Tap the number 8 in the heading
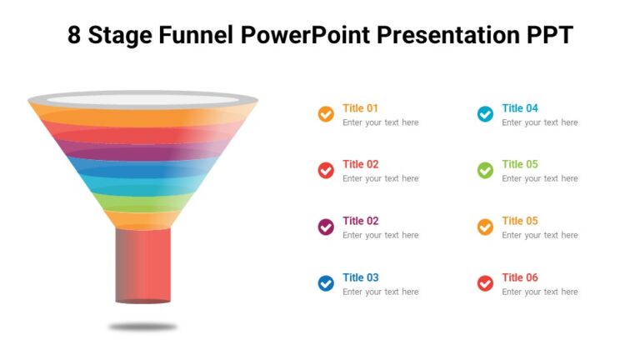click(x=76, y=35)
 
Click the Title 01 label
click(x=360, y=108)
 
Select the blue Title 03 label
click(x=360, y=277)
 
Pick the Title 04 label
click(x=520, y=108)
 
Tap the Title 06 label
click(x=520, y=277)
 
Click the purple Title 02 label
click(x=360, y=221)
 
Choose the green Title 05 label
click(x=520, y=164)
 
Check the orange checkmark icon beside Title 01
click(x=326, y=114)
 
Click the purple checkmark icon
click(x=326, y=227)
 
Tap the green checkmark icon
click(x=485, y=170)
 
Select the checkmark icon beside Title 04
click(x=485, y=114)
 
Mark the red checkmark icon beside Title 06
click(x=485, y=283)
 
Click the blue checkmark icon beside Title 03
click(x=326, y=283)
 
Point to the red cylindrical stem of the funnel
click(x=143, y=265)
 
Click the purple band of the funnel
click(x=143, y=150)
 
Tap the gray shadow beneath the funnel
click(x=143, y=327)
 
